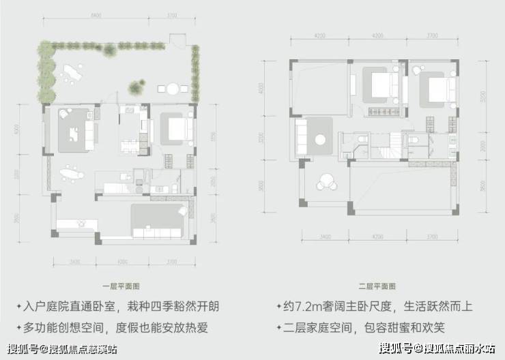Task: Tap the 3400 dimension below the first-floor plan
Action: click(74, 261)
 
